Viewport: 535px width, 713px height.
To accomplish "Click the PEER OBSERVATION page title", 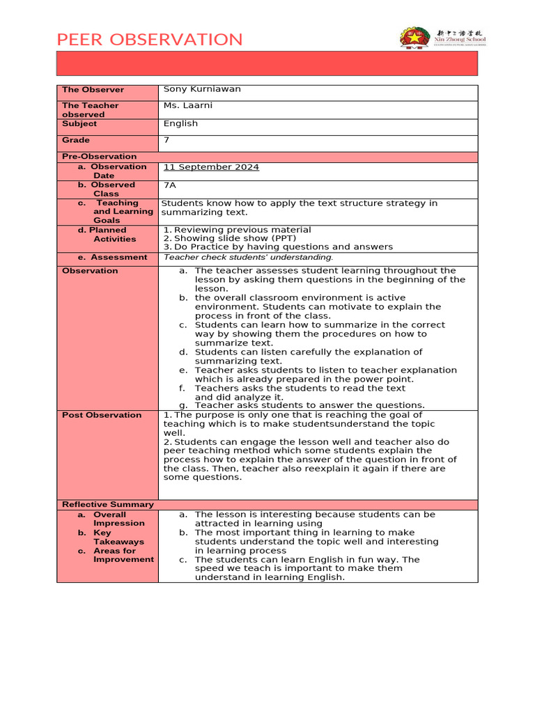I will click(x=150, y=40).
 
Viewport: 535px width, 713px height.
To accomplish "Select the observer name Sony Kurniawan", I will click(x=202, y=89).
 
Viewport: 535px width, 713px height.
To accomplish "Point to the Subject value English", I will click(x=180, y=124).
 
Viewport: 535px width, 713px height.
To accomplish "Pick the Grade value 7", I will click(x=166, y=141).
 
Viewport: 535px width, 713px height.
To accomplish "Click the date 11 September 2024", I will click(x=211, y=167).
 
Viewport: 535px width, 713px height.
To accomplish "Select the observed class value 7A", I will click(x=169, y=185).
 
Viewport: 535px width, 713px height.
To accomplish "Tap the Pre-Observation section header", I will click(x=99, y=157).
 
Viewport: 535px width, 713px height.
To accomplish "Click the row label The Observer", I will click(x=93, y=90).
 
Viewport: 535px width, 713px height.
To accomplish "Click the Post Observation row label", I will click(x=102, y=415).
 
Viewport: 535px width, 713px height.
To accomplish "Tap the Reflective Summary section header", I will click(x=107, y=504).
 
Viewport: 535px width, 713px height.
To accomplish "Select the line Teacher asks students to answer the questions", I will click(x=309, y=405).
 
